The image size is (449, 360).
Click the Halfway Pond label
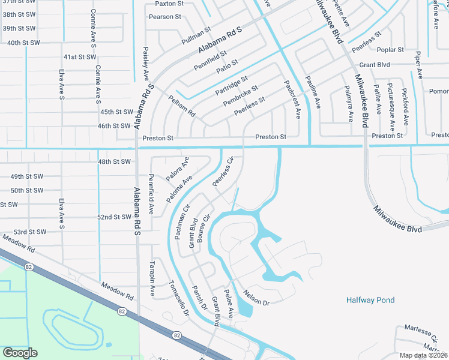tap(370, 300)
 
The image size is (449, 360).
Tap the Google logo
tap(20, 353)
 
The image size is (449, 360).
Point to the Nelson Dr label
tap(256, 298)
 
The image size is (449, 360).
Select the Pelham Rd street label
tap(182, 106)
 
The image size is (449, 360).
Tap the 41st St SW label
tap(80, 57)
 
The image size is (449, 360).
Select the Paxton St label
tap(169, 4)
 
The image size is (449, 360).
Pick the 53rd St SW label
tap(30, 232)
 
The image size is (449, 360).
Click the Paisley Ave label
tap(146, 66)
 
